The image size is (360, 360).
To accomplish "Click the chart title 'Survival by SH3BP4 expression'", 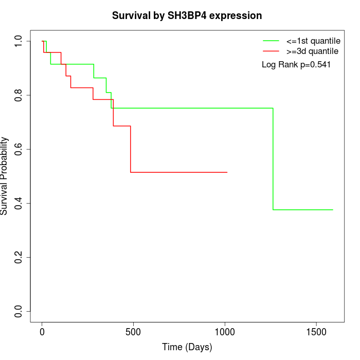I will (x=187, y=16).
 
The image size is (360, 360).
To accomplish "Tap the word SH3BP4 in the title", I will (x=189, y=16).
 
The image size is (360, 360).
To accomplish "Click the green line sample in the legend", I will (x=271, y=41).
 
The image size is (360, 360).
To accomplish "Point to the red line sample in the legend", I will (x=271, y=51).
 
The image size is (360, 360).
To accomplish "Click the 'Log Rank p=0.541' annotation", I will (x=296, y=65).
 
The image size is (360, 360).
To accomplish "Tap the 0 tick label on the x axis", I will (x=42, y=331).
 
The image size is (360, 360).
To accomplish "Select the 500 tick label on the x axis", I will (x=133, y=331).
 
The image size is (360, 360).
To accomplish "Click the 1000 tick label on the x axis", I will (x=225, y=331).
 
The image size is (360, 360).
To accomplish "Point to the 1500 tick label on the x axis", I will (x=316, y=331).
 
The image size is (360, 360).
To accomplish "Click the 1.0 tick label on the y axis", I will (x=18, y=41).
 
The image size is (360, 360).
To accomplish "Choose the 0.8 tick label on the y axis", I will (x=18, y=95).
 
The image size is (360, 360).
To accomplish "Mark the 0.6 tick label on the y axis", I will (x=18, y=149).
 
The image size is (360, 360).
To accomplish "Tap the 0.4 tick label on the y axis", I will (x=18, y=203).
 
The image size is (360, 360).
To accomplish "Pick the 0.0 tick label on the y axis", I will (x=18, y=311).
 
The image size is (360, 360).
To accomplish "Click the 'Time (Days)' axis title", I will (x=187, y=347).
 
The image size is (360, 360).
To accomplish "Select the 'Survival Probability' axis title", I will (x=5, y=176).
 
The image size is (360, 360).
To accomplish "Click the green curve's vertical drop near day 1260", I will (x=273, y=159).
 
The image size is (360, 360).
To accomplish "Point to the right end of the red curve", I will (x=227, y=172).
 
